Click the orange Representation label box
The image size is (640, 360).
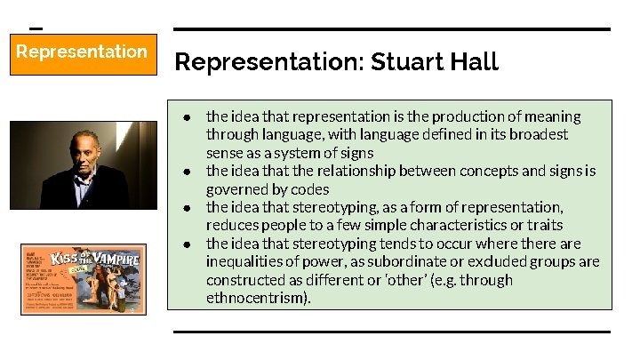point(83,53)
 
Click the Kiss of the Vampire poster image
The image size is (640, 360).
point(82,279)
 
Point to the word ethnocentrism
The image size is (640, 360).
point(257,298)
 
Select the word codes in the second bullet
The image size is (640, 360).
point(311,189)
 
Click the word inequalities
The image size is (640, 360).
point(247,261)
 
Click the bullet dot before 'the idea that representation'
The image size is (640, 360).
point(188,117)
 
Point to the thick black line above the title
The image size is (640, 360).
point(392,29)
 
